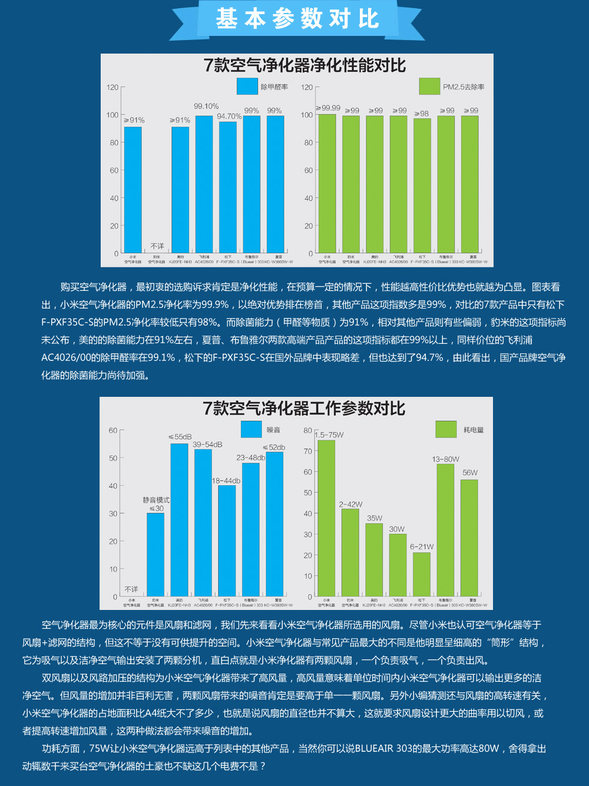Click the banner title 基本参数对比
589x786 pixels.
(x=297, y=19)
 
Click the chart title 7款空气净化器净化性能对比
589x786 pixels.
(x=305, y=65)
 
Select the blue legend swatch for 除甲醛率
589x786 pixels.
(x=247, y=87)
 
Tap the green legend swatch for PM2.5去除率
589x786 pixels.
(x=429, y=87)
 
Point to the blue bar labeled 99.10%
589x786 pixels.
(x=204, y=184)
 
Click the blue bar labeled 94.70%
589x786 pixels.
(x=228, y=187)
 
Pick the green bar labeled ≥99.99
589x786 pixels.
(x=327, y=184)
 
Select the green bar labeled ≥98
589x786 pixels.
(x=422, y=185)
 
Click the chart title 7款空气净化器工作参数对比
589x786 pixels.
(x=304, y=409)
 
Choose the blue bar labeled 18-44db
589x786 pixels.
(x=227, y=540)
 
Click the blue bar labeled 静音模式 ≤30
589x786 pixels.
(x=155, y=555)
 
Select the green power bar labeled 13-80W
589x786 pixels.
(x=445, y=530)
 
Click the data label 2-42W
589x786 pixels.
(x=350, y=505)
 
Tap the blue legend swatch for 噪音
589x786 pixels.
(x=252, y=430)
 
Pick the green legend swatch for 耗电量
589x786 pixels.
(x=446, y=430)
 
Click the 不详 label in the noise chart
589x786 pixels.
(x=131, y=589)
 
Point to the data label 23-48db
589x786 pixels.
(x=251, y=457)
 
